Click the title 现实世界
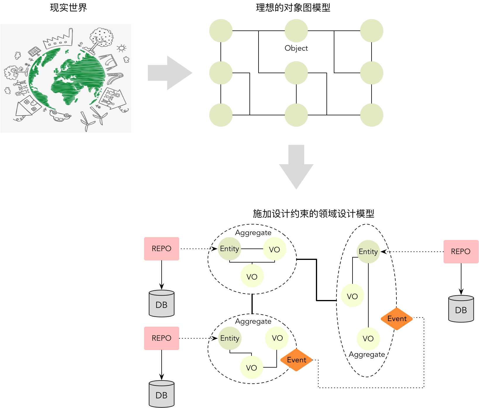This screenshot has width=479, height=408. tap(69, 8)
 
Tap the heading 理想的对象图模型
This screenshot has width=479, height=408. tap(293, 8)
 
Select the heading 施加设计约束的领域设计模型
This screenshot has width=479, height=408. tap(313, 214)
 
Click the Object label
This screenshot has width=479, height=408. tap(296, 48)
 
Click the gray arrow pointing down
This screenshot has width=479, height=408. tap(296, 167)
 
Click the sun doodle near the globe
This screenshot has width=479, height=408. tap(121, 48)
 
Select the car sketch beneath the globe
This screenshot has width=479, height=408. tap(60, 115)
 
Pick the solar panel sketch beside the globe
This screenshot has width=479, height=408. tap(34, 52)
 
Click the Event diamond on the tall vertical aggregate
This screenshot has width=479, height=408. tap(397, 319)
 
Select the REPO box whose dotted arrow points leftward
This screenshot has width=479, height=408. tap(461, 252)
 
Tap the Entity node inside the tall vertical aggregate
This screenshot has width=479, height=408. tap(368, 252)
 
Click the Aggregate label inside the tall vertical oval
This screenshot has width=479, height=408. tap(367, 354)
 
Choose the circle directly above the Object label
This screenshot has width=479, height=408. tap(296, 31)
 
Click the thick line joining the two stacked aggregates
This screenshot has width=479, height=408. tap(252, 304)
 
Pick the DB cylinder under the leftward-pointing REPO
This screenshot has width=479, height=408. tap(461, 309)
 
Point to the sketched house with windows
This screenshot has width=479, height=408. tap(28, 107)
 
